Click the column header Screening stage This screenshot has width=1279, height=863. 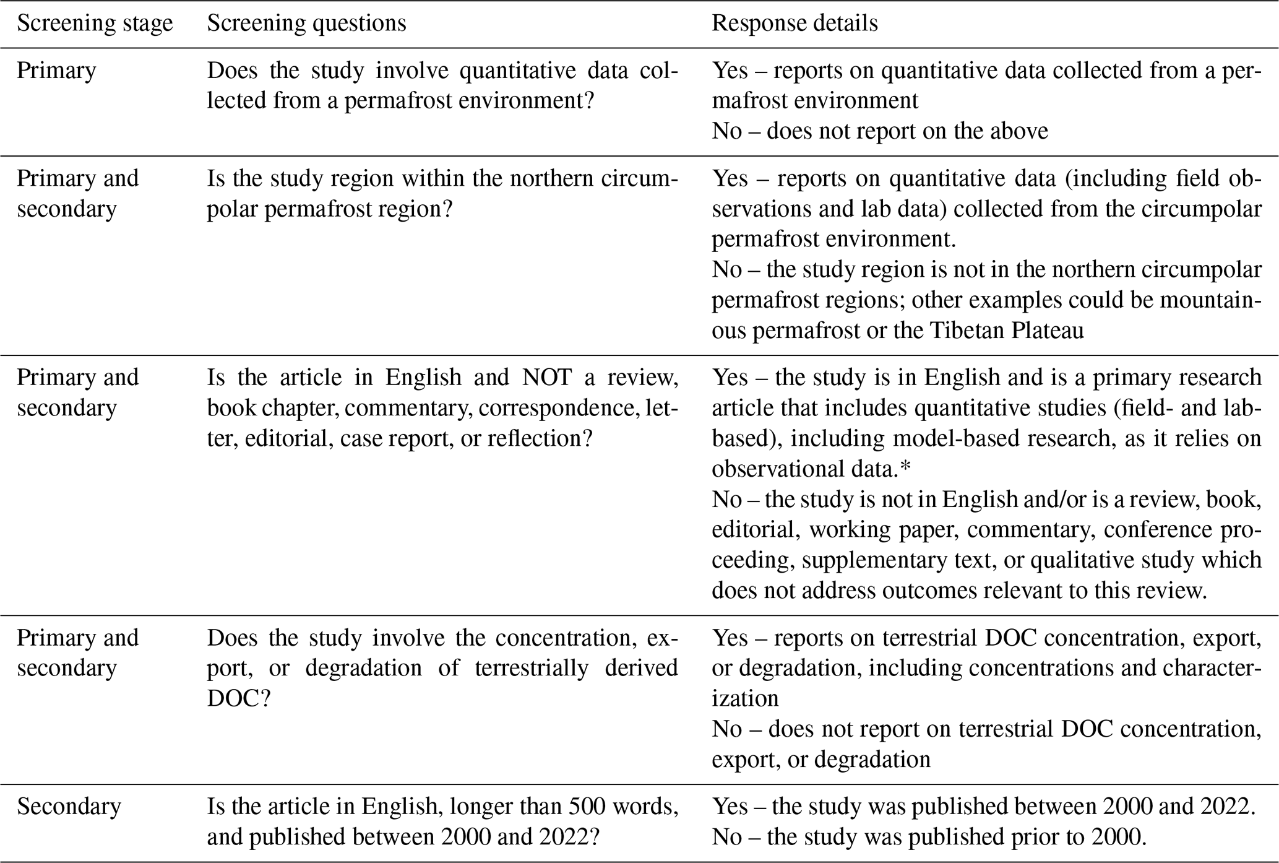coord(95,24)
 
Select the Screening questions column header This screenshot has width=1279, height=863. coord(306,24)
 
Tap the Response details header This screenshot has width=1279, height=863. coord(795,24)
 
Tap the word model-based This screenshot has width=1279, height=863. coord(960,439)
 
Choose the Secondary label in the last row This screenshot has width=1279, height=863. coord(69,807)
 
